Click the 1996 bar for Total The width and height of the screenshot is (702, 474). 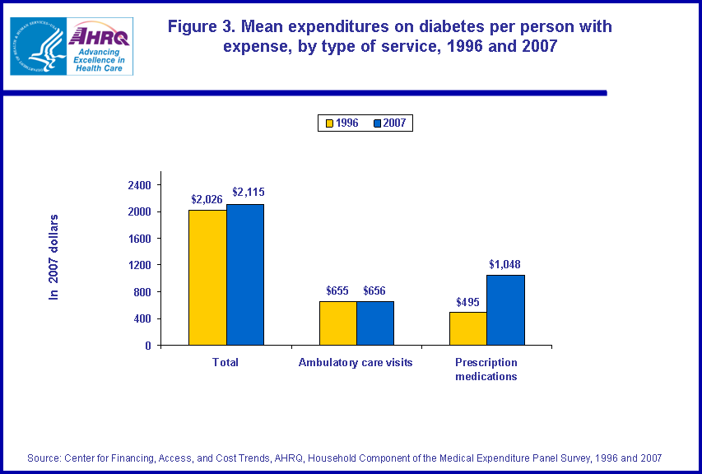tap(207, 277)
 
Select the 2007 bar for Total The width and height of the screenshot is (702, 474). tap(245, 274)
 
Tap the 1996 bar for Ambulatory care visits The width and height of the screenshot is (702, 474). tap(338, 323)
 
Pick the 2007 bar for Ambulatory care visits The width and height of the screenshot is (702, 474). tap(375, 323)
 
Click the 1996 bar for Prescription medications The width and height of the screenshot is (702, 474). tap(467, 328)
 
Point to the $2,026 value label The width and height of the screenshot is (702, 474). tap(207, 199)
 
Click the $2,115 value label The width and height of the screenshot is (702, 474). tap(248, 193)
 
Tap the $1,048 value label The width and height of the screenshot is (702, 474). tap(504, 264)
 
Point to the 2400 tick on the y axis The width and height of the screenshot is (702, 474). tap(139, 185)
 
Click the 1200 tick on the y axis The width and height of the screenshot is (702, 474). tap(139, 265)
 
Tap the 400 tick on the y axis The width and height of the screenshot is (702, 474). tap(142, 318)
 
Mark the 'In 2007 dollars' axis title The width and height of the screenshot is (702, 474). tap(54, 257)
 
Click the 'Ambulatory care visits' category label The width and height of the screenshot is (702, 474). tap(356, 362)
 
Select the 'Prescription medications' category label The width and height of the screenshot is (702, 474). tap(486, 369)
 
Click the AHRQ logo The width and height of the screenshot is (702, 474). tap(100, 47)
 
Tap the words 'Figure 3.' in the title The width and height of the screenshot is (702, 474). tap(201, 26)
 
